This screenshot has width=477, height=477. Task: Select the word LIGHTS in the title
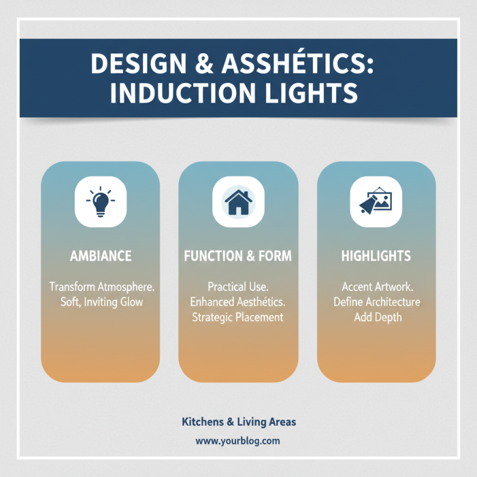(315, 94)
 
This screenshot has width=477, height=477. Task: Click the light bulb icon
(100, 202)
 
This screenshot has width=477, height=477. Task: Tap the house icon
(238, 202)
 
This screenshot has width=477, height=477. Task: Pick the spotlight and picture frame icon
(376, 202)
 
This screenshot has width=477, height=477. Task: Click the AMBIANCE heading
(100, 256)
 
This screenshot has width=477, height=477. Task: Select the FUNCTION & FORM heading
(238, 256)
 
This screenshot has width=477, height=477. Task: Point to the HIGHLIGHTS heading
(376, 256)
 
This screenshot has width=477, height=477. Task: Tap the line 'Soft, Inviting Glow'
(102, 302)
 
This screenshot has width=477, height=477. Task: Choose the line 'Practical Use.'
(238, 287)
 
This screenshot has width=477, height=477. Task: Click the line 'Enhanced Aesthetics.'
(238, 302)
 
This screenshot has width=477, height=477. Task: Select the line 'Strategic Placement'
(238, 317)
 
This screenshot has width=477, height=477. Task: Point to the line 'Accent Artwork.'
(376, 287)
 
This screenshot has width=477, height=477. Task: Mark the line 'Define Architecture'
(376, 302)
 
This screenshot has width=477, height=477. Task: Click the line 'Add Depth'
(376, 317)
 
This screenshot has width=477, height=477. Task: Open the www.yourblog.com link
(238, 442)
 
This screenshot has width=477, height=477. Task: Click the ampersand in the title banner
(199, 64)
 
